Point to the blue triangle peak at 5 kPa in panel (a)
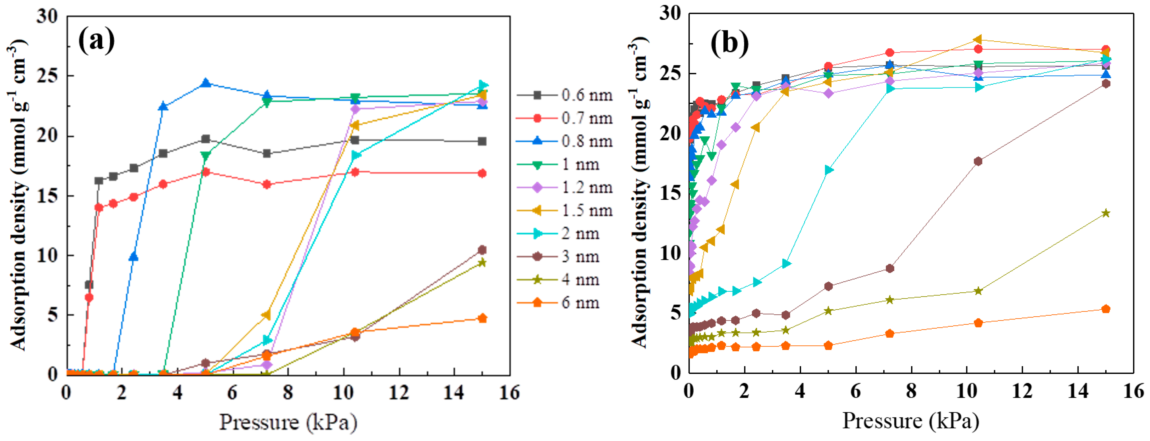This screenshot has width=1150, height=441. tap(206, 83)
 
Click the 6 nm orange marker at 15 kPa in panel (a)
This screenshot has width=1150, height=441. tap(482, 318)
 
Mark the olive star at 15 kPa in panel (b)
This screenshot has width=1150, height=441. tap(1106, 213)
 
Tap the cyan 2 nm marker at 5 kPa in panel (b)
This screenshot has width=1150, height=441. tap(829, 170)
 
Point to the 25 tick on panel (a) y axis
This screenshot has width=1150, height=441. tap(47, 76)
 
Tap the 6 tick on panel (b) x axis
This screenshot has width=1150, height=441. tap(856, 391)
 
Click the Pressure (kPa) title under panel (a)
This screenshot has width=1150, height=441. tap(288, 422)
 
